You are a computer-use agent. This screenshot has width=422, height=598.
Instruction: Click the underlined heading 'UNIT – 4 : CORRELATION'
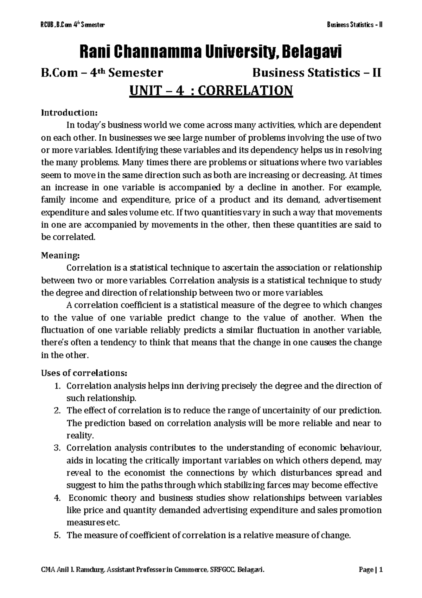(211, 91)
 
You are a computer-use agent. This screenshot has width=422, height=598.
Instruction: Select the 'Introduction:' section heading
(69, 113)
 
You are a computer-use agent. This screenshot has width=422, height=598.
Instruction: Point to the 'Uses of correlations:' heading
(84, 373)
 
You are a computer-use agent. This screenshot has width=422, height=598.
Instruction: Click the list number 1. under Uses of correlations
(58, 386)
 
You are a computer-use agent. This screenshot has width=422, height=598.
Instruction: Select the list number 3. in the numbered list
(58, 448)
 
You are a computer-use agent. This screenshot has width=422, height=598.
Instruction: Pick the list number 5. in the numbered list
(58, 535)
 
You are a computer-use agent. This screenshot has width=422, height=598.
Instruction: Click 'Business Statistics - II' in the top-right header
(354, 25)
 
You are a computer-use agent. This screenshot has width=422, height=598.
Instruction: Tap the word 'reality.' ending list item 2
(80, 436)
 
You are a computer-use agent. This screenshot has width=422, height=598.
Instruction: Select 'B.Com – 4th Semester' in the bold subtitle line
(102, 73)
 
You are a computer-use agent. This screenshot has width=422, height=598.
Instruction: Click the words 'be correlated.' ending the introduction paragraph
(68, 237)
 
